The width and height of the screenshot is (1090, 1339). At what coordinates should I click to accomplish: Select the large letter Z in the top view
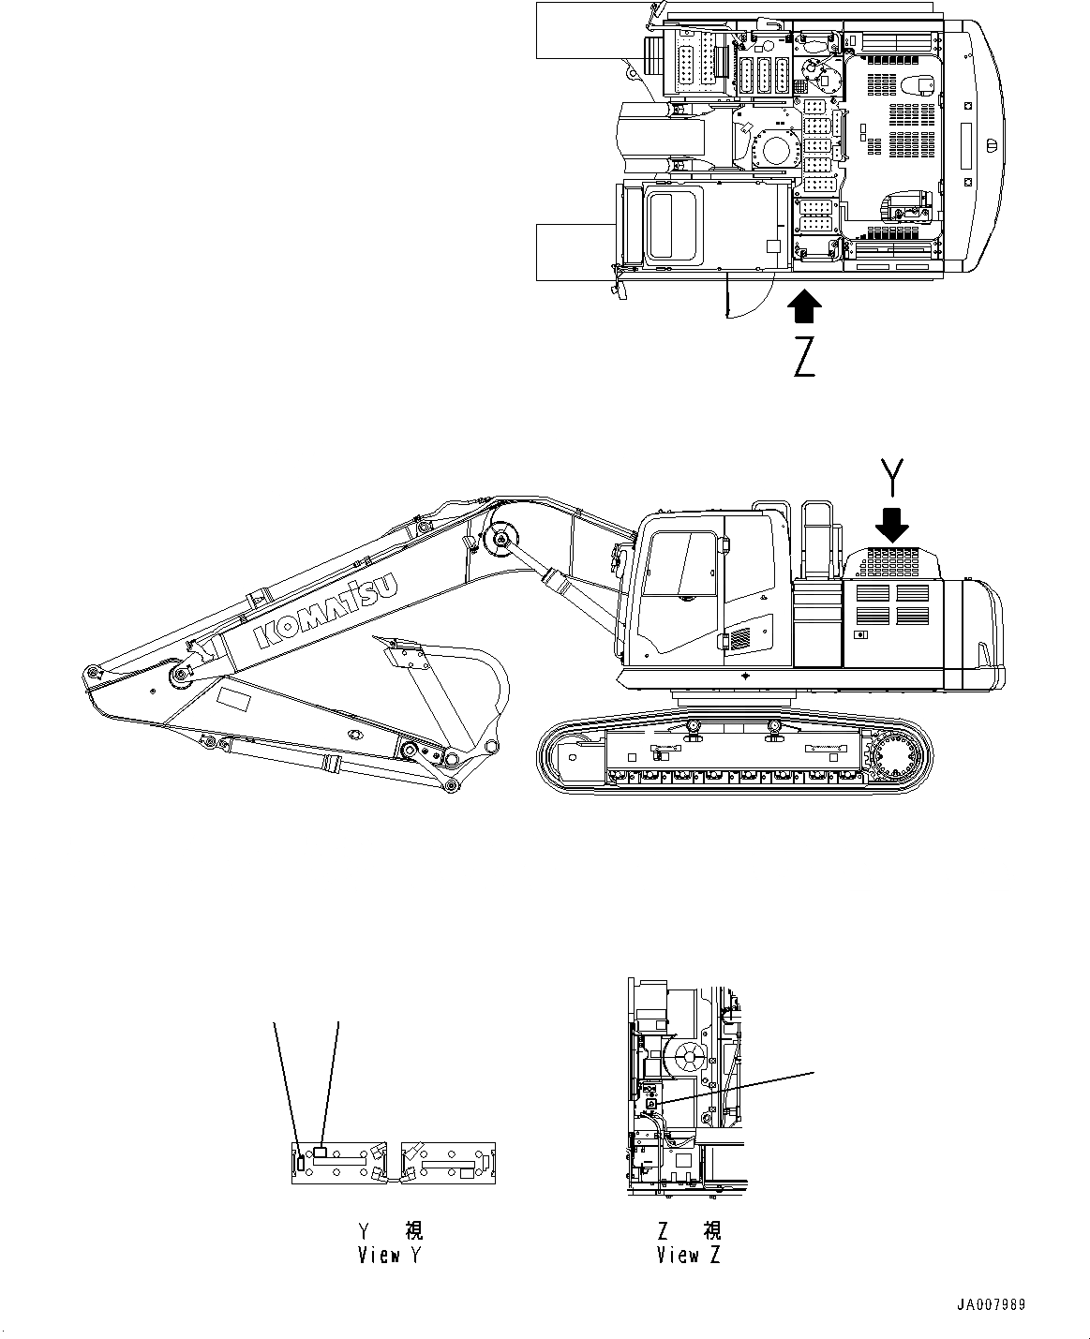coord(804,357)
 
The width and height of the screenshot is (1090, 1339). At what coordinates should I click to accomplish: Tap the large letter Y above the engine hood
coord(895,477)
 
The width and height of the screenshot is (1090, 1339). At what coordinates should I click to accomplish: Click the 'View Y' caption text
coord(390,1256)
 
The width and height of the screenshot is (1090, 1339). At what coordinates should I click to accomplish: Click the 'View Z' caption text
coord(689,1256)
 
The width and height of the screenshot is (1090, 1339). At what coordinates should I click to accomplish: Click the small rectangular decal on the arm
coord(233,701)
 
